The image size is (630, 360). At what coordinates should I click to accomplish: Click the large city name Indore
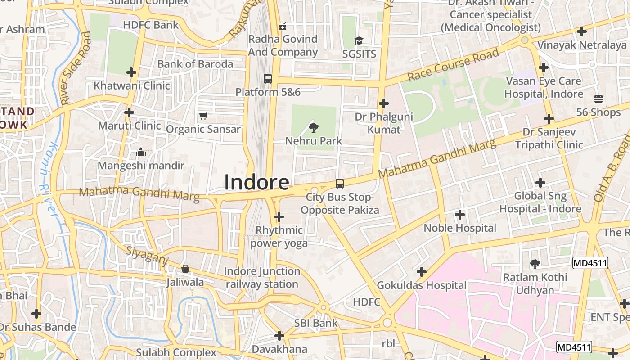coord(256,182)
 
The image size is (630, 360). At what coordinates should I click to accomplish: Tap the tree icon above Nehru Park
coord(314,128)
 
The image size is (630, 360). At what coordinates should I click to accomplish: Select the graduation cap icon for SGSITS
coord(359,41)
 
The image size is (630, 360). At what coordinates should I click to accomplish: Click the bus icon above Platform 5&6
coord(268,78)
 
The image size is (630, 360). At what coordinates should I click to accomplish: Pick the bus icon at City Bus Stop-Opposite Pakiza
coord(340,184)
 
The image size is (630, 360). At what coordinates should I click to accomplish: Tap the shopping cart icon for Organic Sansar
coord(203,116)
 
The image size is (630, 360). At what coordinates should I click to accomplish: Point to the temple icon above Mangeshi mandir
coord(141,153)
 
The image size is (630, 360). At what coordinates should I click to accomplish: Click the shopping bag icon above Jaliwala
coord(185,269)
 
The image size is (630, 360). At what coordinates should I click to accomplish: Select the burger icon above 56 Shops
coord(598,99)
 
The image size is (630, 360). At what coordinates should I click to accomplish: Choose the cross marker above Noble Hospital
coord(460,215)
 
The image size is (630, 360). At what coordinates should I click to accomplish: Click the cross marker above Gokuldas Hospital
coord(422,272)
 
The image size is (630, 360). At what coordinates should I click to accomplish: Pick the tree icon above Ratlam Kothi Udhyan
coord(535,264)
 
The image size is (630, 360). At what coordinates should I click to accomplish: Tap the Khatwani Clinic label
coord(132,85)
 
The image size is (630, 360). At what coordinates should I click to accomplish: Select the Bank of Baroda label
coord(195,64)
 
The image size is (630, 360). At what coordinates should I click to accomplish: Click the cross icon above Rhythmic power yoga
coord(279,217)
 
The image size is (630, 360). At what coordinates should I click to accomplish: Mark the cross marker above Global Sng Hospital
coord(540,183)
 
